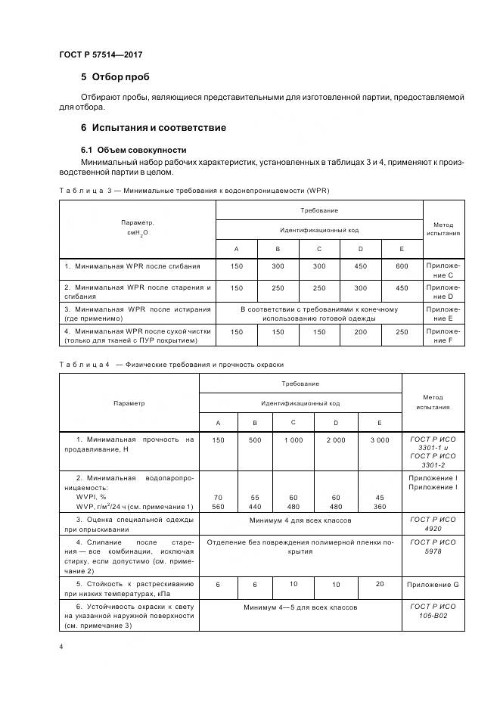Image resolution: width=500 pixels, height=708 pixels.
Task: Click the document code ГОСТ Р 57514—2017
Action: click(101, 55)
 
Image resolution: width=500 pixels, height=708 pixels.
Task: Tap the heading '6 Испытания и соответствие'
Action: click(153, 127)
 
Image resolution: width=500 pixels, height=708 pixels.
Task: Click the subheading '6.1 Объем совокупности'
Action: click(133, 150)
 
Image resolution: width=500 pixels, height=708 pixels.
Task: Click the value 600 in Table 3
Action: click(401, 266)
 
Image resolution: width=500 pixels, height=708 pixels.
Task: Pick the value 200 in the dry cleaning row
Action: click(360, 331)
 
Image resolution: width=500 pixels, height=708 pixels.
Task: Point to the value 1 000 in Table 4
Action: click(293, 439)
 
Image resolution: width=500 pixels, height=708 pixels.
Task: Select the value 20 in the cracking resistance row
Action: click(379, 584)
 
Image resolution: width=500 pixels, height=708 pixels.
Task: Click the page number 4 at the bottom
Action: click(61, 647)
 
